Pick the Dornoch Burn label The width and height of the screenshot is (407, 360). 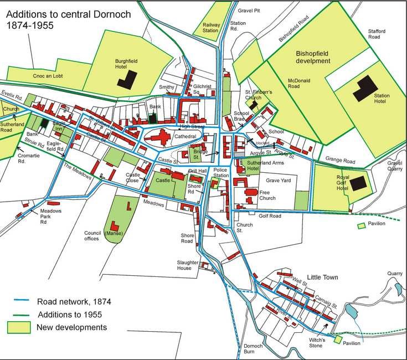point(253,349)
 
